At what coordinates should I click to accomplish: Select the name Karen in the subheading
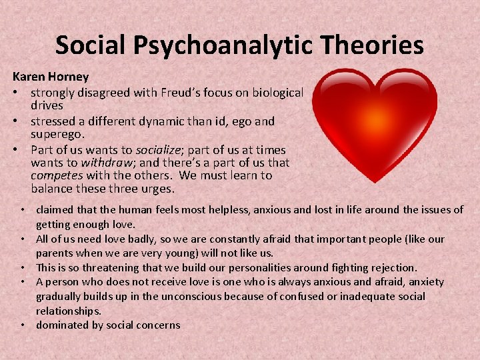28,77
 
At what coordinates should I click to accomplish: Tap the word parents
55,253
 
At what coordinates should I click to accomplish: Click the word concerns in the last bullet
157,325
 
